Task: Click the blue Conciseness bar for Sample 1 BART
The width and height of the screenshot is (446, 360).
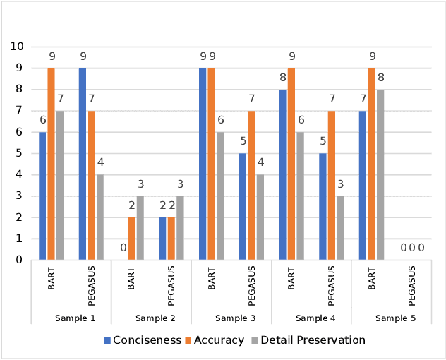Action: pos(42,196)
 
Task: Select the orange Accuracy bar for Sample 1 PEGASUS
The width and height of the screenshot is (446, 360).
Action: pos(91,185)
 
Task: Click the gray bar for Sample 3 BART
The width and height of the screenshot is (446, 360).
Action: pos(219,196)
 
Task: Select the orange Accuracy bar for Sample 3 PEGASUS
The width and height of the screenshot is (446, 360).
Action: pos(251,185)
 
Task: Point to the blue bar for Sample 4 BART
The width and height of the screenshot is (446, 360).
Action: pos(282,174)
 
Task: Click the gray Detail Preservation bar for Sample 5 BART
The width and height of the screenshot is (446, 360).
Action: pos(380,174)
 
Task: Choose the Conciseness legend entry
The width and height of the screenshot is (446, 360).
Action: pos(143,340)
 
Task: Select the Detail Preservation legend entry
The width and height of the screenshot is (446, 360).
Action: pos(308,340)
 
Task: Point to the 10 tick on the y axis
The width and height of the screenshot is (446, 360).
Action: pos(17,47)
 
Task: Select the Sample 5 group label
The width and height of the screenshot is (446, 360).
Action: pos(395,318)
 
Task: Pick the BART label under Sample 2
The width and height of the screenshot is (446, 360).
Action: pos(132,278)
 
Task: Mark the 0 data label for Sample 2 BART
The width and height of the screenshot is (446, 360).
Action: pos(122,248)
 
